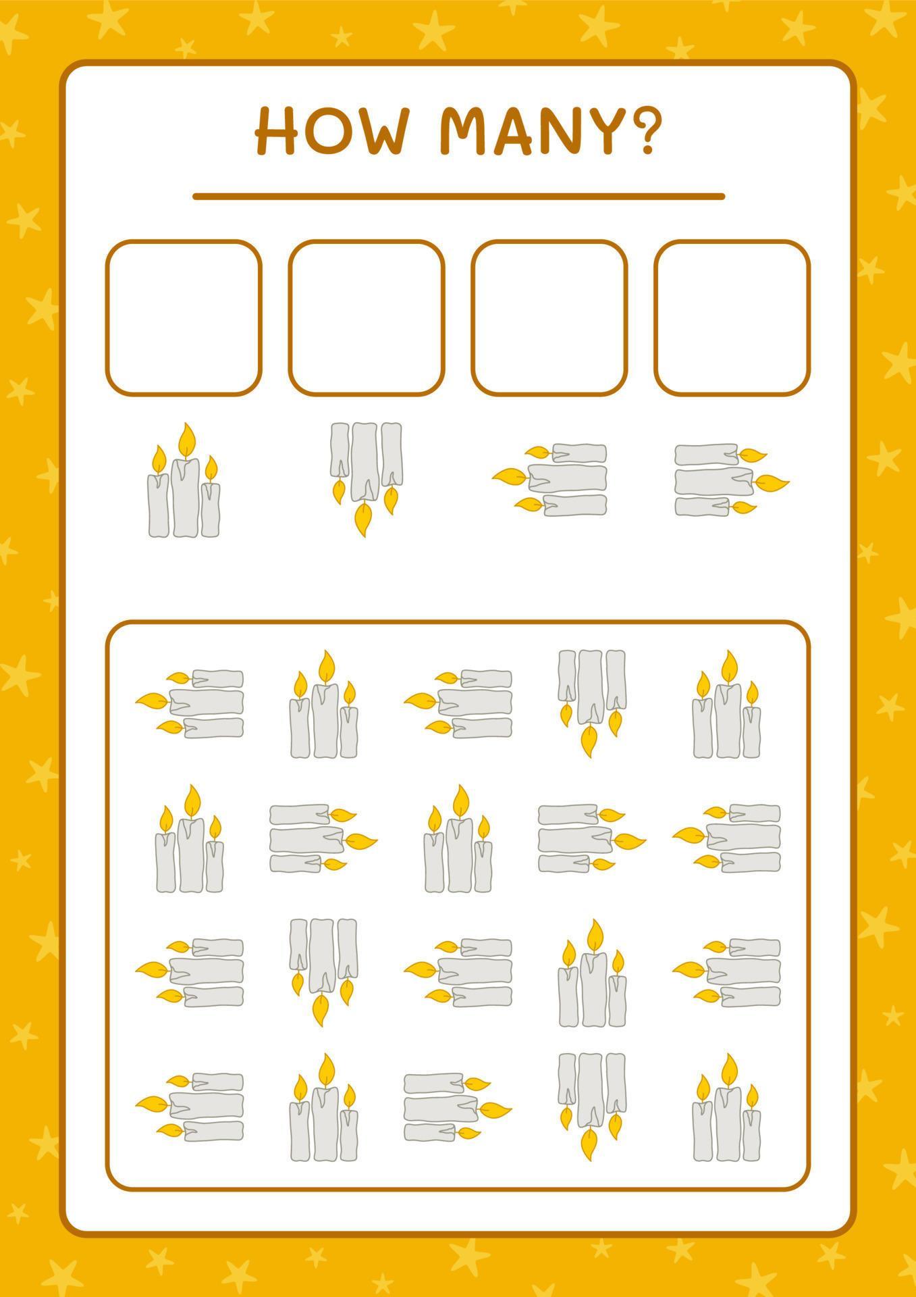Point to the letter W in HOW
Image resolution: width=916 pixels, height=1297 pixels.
[x=380, y=131]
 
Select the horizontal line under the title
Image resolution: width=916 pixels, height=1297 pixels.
[x=458, y=197]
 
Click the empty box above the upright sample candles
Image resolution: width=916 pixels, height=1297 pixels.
[x=183, y=317]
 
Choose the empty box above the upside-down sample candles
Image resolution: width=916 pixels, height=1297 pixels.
[x=366, y=317]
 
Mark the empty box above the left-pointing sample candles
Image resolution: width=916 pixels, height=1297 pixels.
[x=549, y=317]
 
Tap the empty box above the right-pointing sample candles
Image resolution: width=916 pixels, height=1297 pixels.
[x=732, y=317]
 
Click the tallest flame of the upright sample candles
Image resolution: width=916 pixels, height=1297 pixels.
[x=187, y=440]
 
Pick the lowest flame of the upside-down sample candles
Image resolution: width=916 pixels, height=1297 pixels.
[x=362, y=519]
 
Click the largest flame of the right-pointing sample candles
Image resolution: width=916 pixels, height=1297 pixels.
[x=773, y=482]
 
